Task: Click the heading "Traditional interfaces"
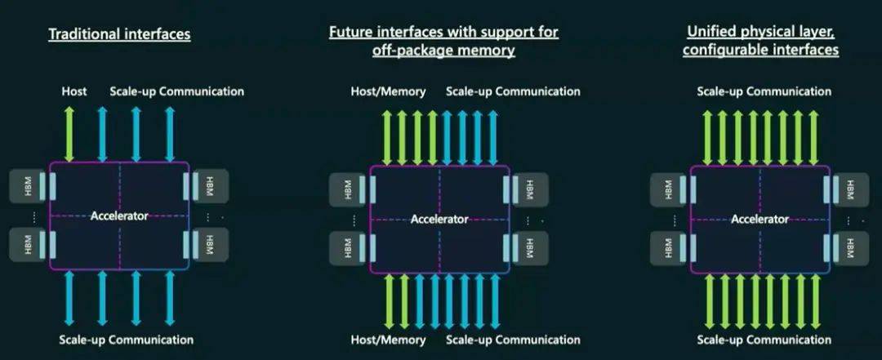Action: click(119, 35)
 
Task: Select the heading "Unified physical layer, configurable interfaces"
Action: click(760, 42)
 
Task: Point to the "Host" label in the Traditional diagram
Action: click(74, 91)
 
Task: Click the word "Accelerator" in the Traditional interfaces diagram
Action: click(119, 216)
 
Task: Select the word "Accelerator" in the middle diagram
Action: click(439, 219)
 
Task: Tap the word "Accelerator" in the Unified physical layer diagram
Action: click(759, 219)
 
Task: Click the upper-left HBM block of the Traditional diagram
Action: click(29, 186)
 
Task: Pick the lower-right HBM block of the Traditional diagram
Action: click(210, 244)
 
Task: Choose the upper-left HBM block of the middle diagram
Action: click(349, 190)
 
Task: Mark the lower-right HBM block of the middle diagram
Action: click(530, 246)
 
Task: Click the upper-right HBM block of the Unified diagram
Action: click(850, 190)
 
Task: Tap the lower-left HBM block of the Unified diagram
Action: click(669, 246)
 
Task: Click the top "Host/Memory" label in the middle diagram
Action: click(388, 91)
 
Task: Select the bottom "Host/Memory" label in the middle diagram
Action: click(388, 340)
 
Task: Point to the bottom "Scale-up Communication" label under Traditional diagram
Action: click(127, 340)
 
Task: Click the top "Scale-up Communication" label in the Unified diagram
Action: click(764, 91)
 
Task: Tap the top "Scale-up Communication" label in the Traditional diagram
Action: click(176, 91)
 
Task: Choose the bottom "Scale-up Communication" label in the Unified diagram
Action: click(764, 340)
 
